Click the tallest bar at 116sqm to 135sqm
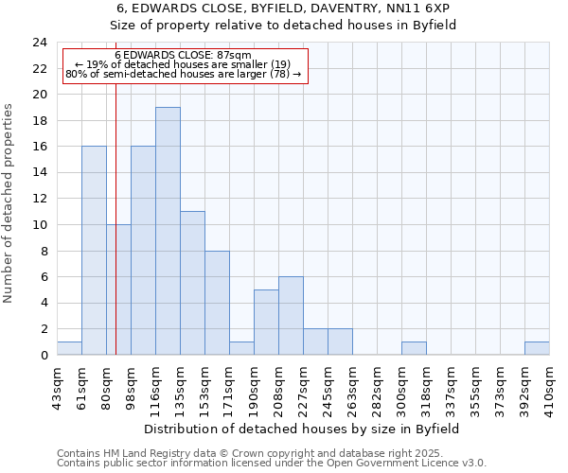168,231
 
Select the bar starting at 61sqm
94,251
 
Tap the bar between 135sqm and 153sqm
192,283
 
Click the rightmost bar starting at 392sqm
537,348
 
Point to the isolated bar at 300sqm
414,348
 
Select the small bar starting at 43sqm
69,348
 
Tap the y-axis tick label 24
39,43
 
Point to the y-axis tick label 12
39,199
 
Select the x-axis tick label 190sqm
254,388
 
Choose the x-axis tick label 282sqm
377,388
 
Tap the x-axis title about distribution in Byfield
302,429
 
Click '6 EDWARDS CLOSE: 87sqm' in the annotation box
183,56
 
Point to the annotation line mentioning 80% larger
183,74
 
